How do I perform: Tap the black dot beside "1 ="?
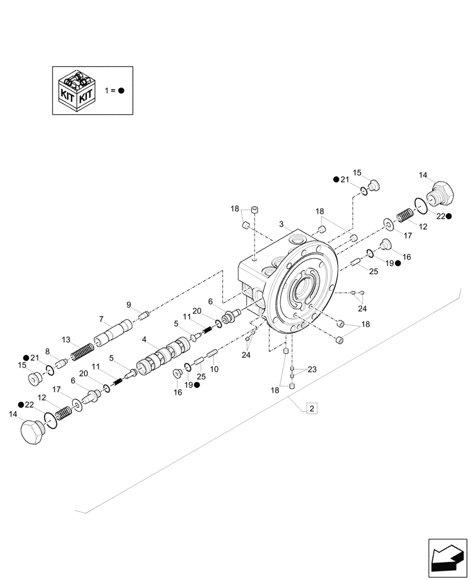click(121, 91)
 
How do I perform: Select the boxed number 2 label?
click(311, 409)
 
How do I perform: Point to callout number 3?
click(281, 224)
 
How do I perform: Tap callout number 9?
click(129, 304)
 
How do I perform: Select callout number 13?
click(66, 339)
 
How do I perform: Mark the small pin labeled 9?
click(145, 315)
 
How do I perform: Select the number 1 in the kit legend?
click(106, 91)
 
